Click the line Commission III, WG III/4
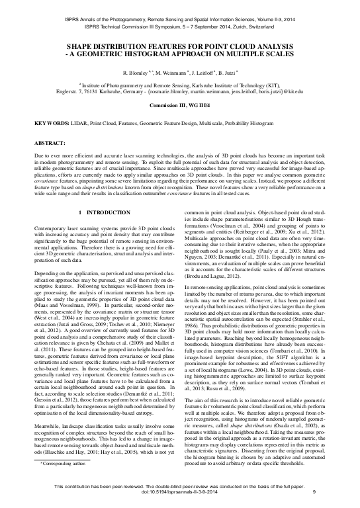coord(179,106)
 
